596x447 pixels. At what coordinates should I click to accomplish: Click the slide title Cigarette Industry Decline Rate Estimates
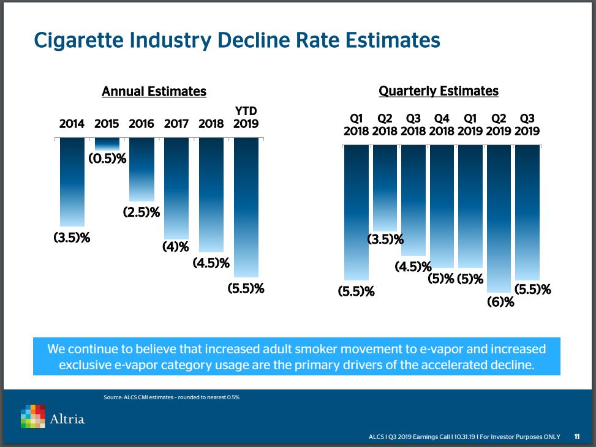tap(237, 40)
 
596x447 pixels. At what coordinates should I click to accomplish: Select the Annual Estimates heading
tap(154, 92)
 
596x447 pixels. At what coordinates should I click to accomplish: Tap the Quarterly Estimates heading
tap(439, 91)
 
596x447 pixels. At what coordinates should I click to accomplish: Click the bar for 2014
tap(72, 182)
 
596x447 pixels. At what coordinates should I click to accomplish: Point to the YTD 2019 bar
tap(246, 207)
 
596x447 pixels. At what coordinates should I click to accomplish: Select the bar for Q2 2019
tap(499, 218)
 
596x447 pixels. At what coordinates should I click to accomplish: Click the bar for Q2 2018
tap(385, 187)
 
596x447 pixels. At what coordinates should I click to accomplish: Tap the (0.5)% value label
tap(108, 159)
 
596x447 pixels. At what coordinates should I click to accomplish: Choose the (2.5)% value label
tap(141, 212)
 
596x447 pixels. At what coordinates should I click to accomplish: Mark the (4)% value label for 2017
tap(175, 247)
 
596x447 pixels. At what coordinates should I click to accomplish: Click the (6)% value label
tap(500, 301)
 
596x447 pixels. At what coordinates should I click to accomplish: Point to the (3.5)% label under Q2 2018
tap(385, 239)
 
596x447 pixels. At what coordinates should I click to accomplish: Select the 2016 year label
tap(141, 124)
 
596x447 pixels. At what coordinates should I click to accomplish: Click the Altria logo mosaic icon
tap(33, 416)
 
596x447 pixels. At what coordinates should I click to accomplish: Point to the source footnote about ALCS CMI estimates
tap(172, 397)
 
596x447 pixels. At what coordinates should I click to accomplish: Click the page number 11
tap(577, 437)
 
